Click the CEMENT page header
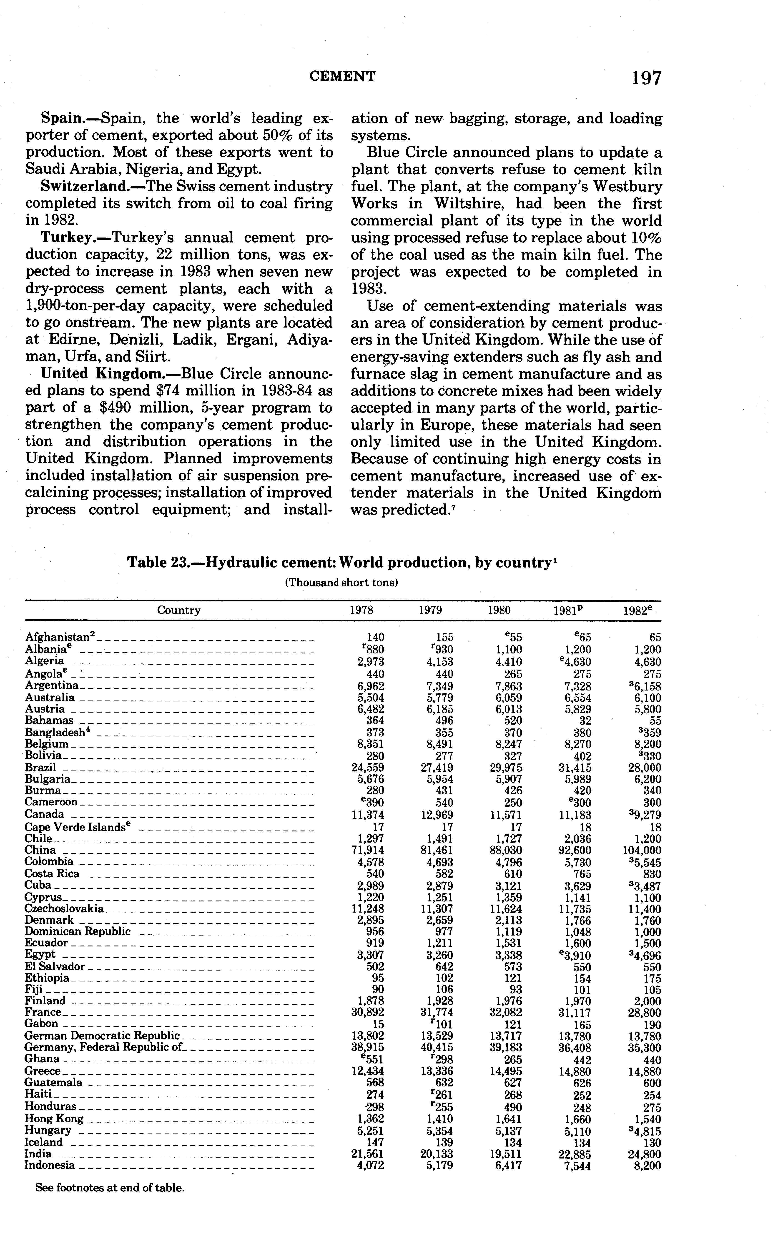pyautogui.click(x=343, y=76)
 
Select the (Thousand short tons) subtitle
pyautogui.click(x=341, y=583)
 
